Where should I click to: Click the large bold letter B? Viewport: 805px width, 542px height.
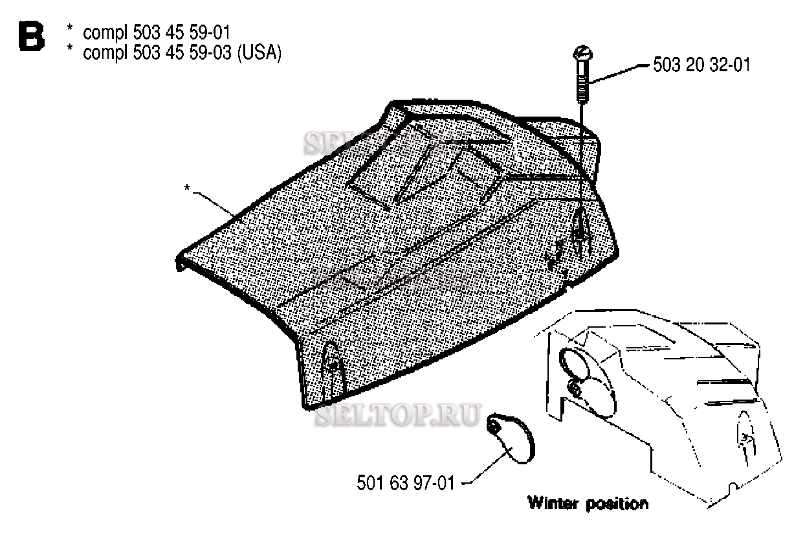32,37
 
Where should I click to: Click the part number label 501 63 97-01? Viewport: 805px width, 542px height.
406,483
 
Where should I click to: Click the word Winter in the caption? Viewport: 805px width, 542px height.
555,502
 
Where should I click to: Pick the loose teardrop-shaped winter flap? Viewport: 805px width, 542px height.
511,439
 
